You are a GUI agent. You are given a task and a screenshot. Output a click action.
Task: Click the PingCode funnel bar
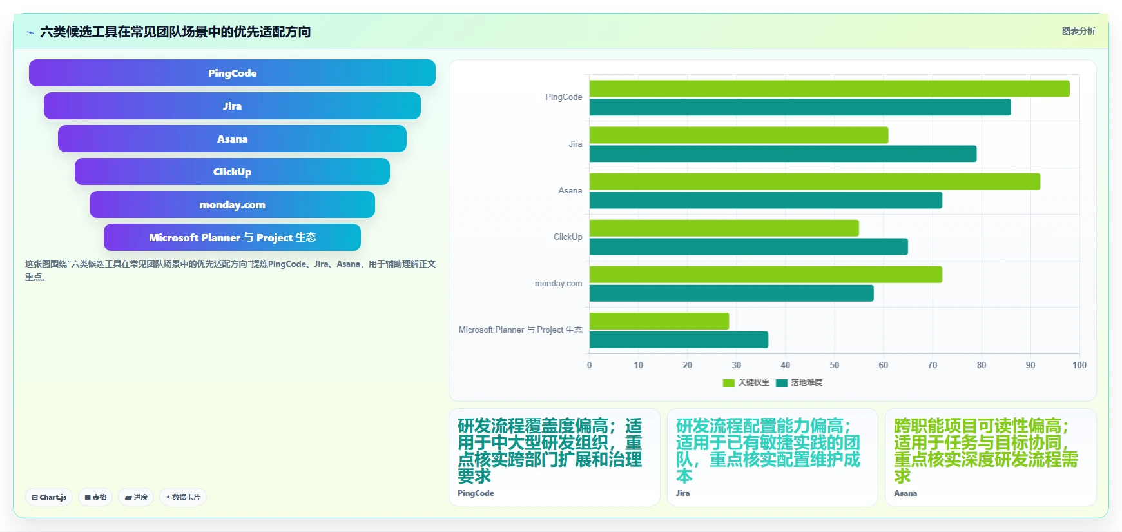tap(232, 73)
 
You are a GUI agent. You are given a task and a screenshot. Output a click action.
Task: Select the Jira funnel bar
tap(232, 106)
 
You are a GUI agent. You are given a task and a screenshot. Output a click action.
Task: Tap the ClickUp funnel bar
tap(232, 172)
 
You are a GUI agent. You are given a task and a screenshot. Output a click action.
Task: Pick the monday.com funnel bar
tap(232, 204)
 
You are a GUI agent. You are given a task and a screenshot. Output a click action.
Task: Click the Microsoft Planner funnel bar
tap(232, 237)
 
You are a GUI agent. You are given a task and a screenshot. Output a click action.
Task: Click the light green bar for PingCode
tap(829, 88)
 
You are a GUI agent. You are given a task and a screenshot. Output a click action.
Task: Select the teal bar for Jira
tap(783, 153)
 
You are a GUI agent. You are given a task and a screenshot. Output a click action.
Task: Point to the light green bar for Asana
tap(815, 182)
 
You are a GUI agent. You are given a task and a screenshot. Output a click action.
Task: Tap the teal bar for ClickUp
tap(749, 246)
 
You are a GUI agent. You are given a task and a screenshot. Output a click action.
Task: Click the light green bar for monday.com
tap(766, 275)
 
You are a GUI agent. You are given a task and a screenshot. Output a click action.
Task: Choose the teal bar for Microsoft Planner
tap(679, 340)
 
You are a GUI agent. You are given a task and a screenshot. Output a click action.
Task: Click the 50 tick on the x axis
tap(835, 365)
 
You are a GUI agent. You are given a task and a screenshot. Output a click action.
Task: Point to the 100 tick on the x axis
tap(1079, 365)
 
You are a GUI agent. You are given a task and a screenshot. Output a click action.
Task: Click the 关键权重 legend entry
tap(746, 382)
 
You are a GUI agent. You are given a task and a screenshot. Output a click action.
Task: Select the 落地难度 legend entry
tap(799, 382)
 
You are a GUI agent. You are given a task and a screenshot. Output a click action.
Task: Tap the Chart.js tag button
tap(49, 497)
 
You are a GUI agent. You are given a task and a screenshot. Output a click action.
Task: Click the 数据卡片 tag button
tap(183, 497)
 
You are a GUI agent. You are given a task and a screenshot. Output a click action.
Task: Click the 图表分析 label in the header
tap(1078, 31)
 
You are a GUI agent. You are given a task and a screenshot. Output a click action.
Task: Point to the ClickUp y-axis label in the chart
tap(568, 237)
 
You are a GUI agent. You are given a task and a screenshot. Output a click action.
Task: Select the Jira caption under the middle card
tap(682, 493)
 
